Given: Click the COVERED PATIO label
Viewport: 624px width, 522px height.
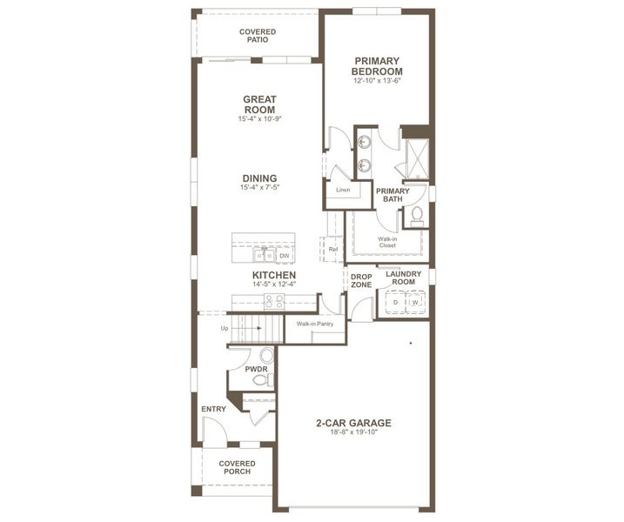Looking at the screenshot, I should click(x=258, y=36).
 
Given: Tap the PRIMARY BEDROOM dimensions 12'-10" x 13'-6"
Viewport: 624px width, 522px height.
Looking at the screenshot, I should click(x=378, y=81).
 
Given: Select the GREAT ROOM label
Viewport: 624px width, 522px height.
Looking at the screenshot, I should click(x=259, y=105).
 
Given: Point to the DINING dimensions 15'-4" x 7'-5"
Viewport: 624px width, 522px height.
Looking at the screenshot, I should click(x=259, y=187).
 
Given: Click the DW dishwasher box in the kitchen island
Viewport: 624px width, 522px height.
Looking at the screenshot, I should click(x=285, y=256).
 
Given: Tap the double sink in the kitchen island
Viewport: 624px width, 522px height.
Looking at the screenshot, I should click(x=265, y=255).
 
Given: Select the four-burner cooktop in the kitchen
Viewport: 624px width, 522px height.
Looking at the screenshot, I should click(x=275, y=301).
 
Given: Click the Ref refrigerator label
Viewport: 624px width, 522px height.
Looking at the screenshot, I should click(x=333, y=250).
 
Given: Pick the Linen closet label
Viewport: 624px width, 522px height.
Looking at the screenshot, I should click(x=343, y=190).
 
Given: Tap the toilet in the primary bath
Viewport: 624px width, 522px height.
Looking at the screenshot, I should click(x=417, y=215).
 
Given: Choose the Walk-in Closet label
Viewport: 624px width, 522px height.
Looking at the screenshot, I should click(x=387, y=241).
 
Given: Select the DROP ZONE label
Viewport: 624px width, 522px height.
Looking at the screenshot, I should click(x=361, y=280).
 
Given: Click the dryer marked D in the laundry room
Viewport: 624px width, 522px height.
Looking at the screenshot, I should click(x=395, y=302).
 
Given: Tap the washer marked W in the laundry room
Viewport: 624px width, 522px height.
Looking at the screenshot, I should click(x=415, y=302).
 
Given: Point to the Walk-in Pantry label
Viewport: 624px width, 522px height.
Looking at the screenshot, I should click(x=314, y=324).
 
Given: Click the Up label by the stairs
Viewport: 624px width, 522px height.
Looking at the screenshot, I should click(x=225, y=328).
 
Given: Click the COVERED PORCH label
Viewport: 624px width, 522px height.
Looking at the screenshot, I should click(x=238, y=467).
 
